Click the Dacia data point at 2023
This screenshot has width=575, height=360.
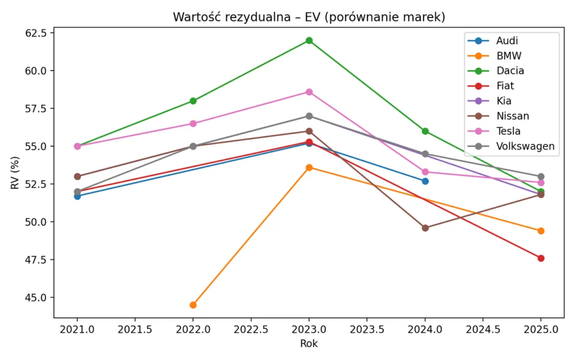click(309, 40)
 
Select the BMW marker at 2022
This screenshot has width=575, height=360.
click(193, 305)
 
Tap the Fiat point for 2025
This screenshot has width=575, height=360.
click(541, 258)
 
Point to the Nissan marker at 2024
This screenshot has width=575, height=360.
click(425, 228)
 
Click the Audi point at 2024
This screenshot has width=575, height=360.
click(425, 181)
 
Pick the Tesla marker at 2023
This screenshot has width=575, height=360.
click(309, 92)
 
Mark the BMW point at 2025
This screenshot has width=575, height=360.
click(541, 231)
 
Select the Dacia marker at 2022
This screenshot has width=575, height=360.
click(193, 101)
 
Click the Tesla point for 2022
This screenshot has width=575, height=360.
click(193, 124)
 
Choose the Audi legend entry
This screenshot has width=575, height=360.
click(507, 40)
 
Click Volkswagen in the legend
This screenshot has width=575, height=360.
click(526, 147)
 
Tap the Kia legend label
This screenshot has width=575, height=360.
click(504, 101)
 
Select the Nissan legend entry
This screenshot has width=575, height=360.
click(512, 116)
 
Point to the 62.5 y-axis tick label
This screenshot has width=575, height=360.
click(36, 33)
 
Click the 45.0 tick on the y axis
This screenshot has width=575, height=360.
click(36, 298)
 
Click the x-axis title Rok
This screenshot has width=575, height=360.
click(309, 343)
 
